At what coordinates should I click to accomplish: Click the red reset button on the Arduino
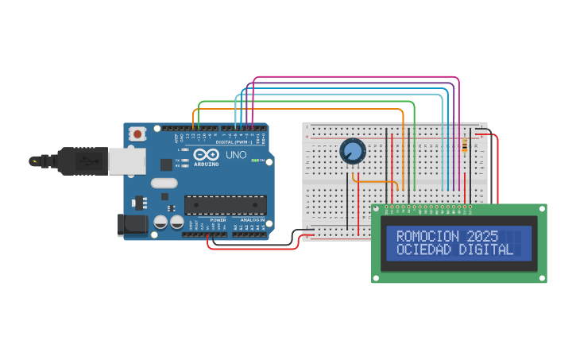pyautogui.click(x=138, y=134)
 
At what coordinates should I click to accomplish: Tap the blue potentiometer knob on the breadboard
pyautogui.click(x=352, y=151)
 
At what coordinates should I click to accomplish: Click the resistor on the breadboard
pyautogui.click(x=464, y=145)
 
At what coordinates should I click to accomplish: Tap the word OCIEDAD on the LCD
pyautogui.click(x=424, y=250)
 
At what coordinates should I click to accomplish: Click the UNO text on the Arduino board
pyautogui.click(x=236, y=155)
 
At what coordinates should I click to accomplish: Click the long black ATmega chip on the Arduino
pyautogui.click(x=225, y=205)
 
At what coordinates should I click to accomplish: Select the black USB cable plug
pyautogui.click(x=80, y=161)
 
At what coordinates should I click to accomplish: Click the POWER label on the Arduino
pyautogui.click(x=218, y=220)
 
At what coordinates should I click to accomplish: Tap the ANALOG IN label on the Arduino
pyautogui.click(x=252, y=220)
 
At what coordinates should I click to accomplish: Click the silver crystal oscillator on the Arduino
pyautogui.click(x=163, y=183)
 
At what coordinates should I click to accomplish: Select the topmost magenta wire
pyautogui.click(x=358, y=78)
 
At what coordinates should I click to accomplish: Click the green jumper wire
pyautogui.click(x=306, y=103)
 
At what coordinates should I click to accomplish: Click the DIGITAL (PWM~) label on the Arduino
pyautogui.click(x=234, y=142)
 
